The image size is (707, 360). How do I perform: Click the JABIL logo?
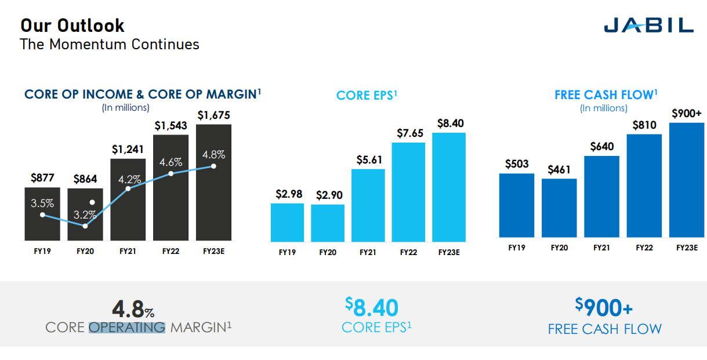(648, 25)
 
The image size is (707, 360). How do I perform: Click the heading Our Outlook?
(72, 26)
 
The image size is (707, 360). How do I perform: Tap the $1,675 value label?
(213, 115)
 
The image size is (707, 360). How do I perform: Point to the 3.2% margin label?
(85, 215)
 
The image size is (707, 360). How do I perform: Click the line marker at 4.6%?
(171, 173)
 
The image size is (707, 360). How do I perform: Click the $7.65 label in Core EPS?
(408, 133)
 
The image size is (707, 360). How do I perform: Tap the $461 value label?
(559, 170)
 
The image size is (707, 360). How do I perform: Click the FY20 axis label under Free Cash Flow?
(559, 248)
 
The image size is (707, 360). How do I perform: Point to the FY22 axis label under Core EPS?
(408, 252)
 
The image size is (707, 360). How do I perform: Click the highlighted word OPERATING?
(127, 328)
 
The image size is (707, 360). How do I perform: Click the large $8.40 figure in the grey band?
(372, 307)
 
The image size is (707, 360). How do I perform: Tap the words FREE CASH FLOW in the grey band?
(604, 329)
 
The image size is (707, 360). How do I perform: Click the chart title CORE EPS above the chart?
(367, 95)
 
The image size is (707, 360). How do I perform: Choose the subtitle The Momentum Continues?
(110, 44)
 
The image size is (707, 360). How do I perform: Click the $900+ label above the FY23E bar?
(687, 114)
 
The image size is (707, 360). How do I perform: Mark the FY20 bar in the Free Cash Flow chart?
(559, 208)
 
